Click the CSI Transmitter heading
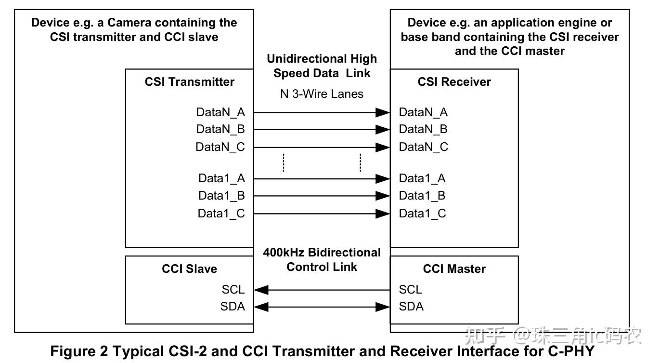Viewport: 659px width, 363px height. click(x=189, y=82)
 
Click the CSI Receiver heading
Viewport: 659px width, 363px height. click(x=454, y=82)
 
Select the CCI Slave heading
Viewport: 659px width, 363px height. click(x=189, y=269)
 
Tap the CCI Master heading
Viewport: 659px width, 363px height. click(x=454, y=269)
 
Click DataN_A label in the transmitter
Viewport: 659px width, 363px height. click(x=220, y=112)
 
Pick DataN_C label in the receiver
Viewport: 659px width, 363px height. click(x=423, y=147)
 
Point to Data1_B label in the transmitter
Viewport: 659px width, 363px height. click(x=221, y=196)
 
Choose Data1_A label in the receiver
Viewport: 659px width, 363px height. click(x=422, y=178)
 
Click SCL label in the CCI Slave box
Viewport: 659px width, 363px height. click(x=233, y=290)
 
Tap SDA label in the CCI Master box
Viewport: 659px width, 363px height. click(x=411, y=307)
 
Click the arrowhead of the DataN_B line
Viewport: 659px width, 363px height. click(x=383, y=130)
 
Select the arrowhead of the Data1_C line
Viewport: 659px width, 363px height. click(x=383, y=214)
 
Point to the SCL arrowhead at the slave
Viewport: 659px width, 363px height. click(x=261, y=290)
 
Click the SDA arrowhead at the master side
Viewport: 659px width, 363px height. click(x=383, y=307)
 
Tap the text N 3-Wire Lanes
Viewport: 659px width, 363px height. click(x=322, y=94)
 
